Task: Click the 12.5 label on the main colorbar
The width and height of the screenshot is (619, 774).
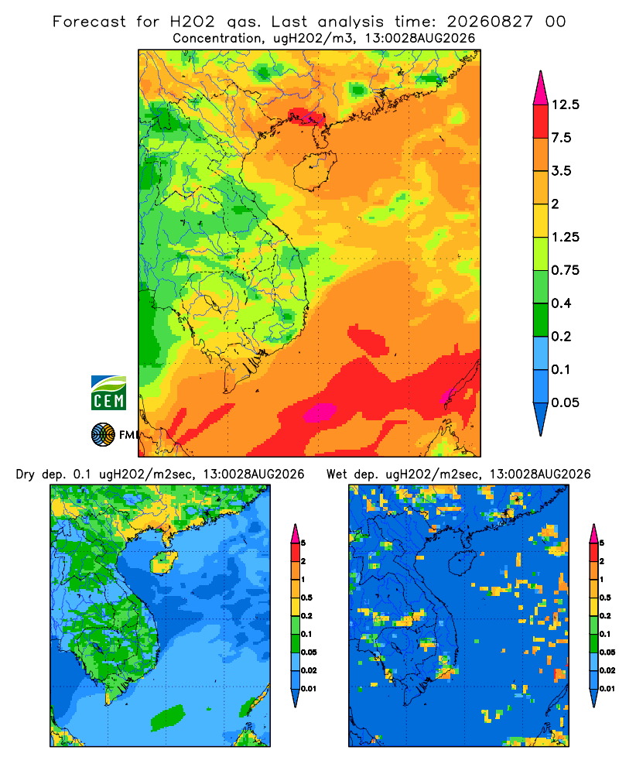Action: pos(565,104)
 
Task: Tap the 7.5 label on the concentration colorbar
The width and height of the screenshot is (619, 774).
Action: pos(561,138)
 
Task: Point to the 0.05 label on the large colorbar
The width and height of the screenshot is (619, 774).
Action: pos(565,402)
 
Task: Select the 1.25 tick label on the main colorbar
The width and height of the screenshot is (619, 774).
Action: pos(565,237)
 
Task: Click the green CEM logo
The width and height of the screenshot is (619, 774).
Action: pos(108,393)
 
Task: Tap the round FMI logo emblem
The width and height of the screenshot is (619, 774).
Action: pos(103,434)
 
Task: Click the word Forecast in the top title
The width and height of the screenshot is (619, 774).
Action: pos(89,22)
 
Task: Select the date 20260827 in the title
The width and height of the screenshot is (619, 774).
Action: pos(490,22)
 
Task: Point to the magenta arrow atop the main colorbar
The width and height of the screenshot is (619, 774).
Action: pos(541,89)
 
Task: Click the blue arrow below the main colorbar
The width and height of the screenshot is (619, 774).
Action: pos(541,419)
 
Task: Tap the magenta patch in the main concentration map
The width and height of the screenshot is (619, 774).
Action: pos(320,413)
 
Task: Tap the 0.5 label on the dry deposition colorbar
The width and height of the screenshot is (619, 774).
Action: pos(306,598)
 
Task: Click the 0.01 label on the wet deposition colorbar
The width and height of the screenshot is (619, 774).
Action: pos(607,689)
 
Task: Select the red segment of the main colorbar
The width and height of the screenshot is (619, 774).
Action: pos(541,122)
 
